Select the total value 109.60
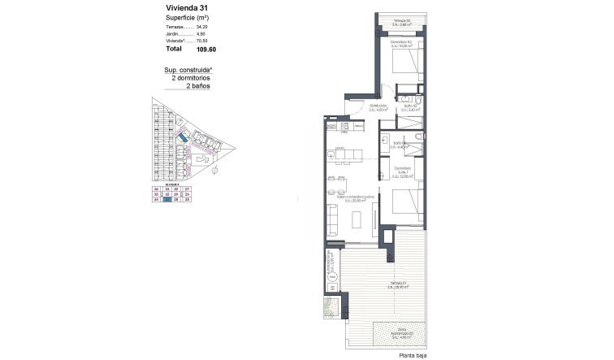click(208, 50)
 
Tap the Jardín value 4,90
click(209, 34)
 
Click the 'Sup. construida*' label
click(188, 70)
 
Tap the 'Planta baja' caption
click(413, 354)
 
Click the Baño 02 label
click(410, 106)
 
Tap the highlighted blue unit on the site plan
click(184, 141)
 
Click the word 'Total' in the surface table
click(174, 50)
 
